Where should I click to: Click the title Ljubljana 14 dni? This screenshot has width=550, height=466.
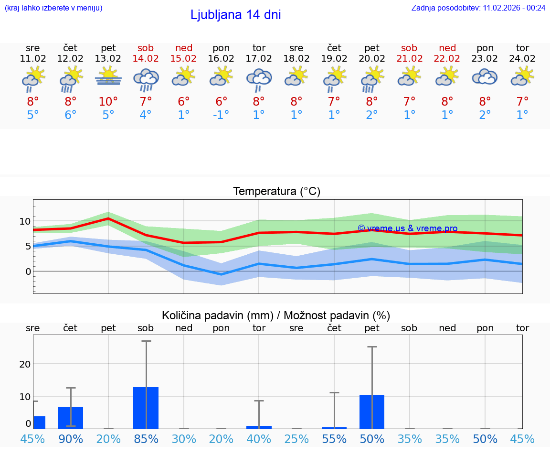235,15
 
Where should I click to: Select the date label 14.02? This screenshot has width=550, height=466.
146,58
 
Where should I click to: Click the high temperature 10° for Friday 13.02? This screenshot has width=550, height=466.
108,101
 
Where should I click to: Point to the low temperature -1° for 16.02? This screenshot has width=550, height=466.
221,115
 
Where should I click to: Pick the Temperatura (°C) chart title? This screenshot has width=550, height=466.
276,192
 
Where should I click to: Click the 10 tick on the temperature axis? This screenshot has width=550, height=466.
25,221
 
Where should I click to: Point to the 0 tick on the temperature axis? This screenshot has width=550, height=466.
28,271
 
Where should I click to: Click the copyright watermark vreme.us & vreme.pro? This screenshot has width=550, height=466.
407,228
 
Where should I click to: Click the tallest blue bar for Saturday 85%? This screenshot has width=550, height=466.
146,408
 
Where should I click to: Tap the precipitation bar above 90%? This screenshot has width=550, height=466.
71,417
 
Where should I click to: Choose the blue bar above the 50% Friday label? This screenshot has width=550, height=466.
372,412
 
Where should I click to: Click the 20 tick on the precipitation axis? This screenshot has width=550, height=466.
25,364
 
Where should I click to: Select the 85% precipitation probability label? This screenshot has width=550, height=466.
146,439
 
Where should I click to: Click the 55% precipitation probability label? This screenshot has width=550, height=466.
334,439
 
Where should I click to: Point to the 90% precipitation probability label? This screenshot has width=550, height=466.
71,439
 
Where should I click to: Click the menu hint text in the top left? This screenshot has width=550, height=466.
53,8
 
